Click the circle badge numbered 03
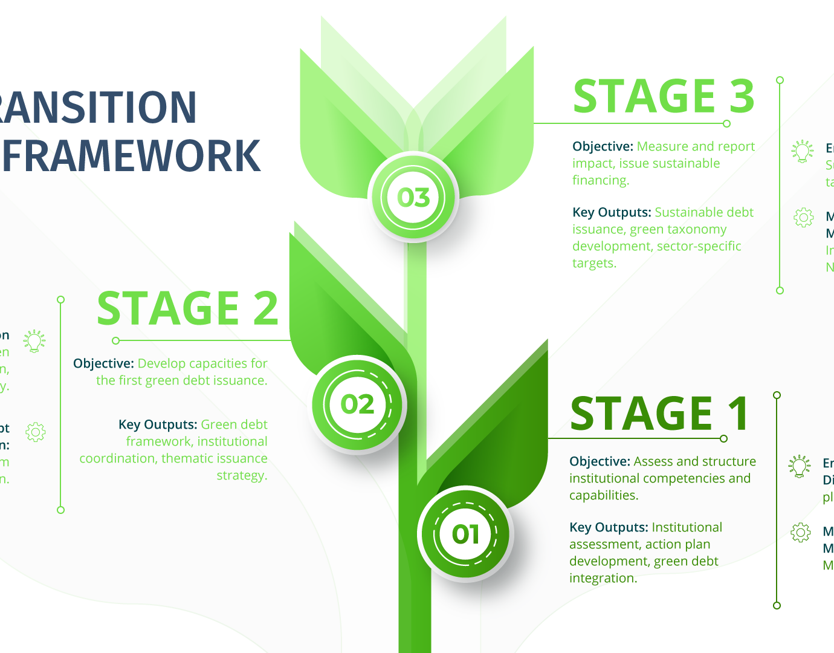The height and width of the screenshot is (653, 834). point(413,198)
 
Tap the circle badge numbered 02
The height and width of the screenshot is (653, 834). point(357,404)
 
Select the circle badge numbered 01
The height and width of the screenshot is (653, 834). point(465,534)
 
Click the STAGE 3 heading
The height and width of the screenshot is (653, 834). point(664,97)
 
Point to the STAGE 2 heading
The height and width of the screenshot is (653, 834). point(187,308)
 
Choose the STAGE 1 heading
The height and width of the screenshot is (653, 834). point(659,414)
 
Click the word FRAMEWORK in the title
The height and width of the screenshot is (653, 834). point(132,156)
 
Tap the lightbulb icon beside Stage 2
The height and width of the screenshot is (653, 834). point(34,341)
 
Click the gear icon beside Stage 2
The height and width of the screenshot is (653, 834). point(36,432)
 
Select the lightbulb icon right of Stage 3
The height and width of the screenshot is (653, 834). point(803,151)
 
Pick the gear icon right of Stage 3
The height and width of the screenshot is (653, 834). point(803,217)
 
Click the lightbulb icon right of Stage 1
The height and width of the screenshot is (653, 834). point(800,467)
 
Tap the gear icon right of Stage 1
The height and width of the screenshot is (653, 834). point(801,533)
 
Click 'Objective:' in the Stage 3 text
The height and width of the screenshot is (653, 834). point(603,147)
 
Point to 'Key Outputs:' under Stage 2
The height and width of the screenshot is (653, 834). point(158,425)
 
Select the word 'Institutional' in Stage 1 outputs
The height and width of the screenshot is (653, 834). point(687,528)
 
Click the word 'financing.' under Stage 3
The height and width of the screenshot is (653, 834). point(601,181)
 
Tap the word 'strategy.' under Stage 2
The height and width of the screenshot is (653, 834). point(242,476)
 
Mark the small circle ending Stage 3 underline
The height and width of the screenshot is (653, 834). point(726,123)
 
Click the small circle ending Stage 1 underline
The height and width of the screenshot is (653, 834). point(723,438)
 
